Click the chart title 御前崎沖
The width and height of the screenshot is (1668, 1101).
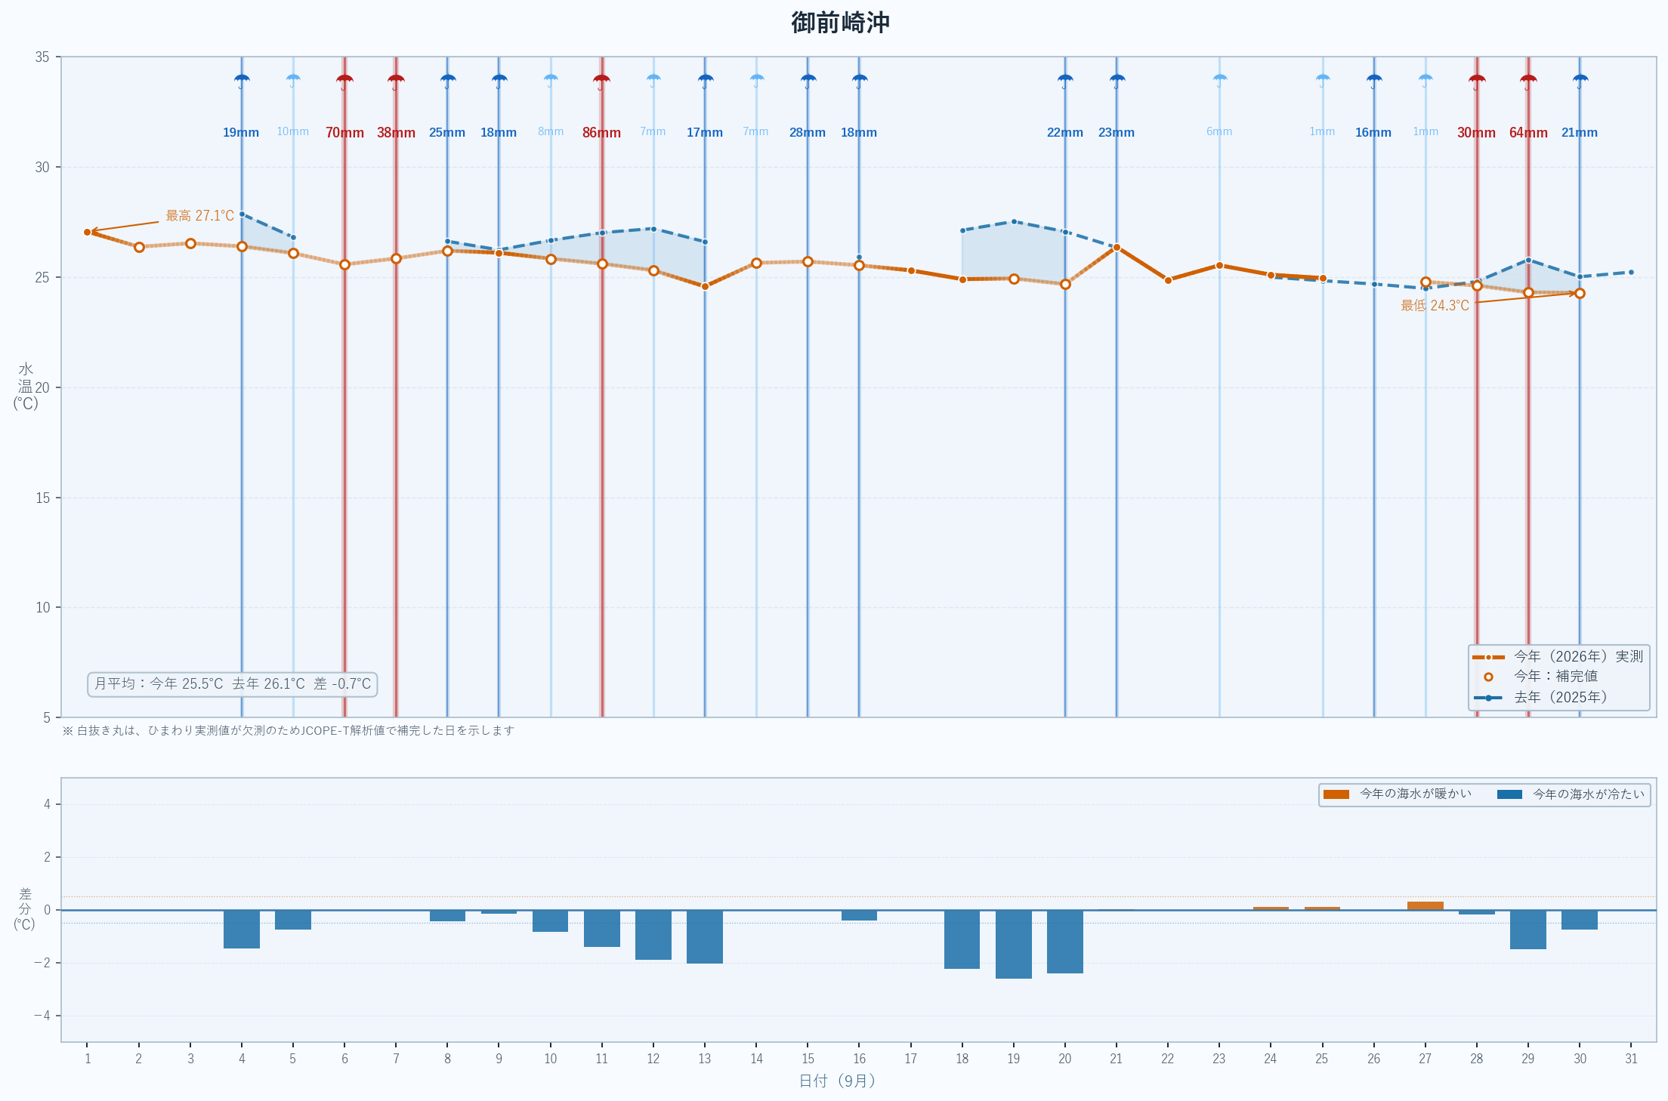click(x=840, y=23)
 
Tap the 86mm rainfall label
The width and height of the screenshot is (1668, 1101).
click(x=601, y=133)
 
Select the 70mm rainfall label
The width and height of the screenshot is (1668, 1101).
click(x=344, y=133)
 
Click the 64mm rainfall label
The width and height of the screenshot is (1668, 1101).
click(x=1528, y=133)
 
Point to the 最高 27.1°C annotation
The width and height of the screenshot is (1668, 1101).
click(x=200, y=216)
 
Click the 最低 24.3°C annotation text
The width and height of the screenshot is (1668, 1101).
click(x=1435, y=306)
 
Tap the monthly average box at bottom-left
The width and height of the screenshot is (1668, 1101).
click(x=233, y=684)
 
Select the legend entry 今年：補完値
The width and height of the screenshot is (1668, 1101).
click(x=1555, y=677)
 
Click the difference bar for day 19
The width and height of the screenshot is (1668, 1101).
click(x=1014, y=944)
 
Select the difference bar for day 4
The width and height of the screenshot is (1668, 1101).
click(x=242, y=929)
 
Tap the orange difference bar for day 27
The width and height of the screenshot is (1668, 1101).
click(x=1426, y=905)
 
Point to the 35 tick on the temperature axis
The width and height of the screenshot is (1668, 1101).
click(x=42, y=57)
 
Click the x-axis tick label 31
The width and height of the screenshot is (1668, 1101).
click(x=1631, y=1059)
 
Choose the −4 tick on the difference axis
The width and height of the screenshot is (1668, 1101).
click(x=42, y=1016)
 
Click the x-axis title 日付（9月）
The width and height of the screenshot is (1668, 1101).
click(x=837, y=1081)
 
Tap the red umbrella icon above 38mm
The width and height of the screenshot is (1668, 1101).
click(x=396, y=81)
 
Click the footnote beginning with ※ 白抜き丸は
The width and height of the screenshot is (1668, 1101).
click(x=288, y=730)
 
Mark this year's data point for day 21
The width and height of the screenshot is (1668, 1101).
click(x=1117, y=247)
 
